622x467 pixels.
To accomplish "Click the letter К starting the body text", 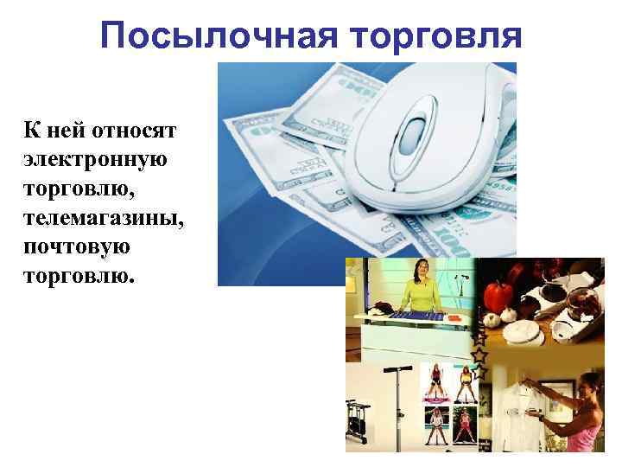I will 31,131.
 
